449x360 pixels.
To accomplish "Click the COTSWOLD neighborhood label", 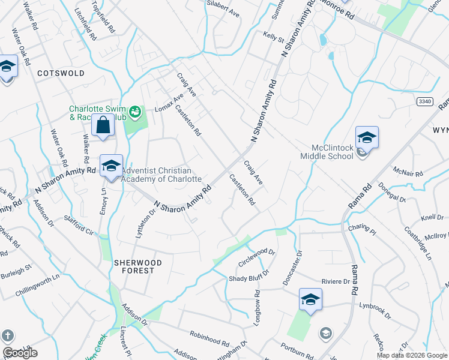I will point(61,73).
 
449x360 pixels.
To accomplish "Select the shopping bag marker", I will point(103,125).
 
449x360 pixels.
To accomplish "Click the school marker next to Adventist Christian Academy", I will point(111,166).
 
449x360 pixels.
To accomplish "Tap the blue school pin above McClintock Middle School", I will point(367,137).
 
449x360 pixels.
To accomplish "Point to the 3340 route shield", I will point(424,102).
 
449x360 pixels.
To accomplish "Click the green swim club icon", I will point(136,111).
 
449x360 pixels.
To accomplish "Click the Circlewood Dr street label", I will point(256,257).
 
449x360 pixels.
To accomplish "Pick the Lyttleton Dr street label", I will point(141,218).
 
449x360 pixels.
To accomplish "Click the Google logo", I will point(20,353).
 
